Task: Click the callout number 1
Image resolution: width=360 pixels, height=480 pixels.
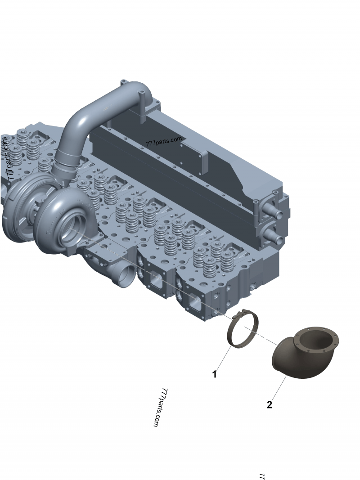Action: [215, 374]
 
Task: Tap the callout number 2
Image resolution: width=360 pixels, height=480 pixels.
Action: [269, 405]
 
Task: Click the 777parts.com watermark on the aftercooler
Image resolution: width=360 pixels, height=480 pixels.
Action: [164, 142]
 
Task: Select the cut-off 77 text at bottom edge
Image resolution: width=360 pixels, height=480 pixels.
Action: [261, 476]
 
